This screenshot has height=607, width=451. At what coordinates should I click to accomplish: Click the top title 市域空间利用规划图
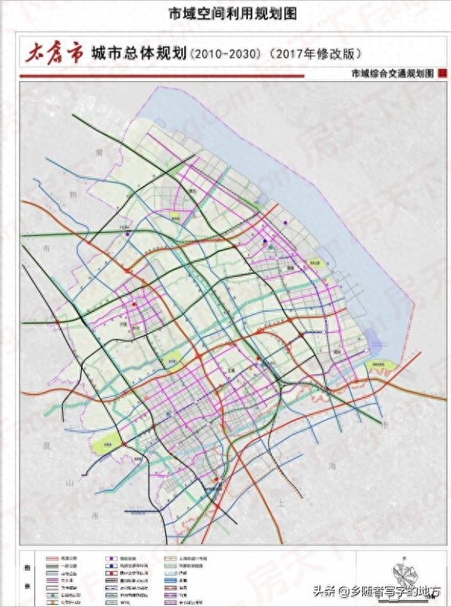click(x=225, y=13)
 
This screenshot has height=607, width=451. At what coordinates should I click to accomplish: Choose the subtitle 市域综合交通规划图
click(x=387, y=74)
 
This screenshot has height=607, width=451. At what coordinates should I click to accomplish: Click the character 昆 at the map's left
click(x=48, y=444)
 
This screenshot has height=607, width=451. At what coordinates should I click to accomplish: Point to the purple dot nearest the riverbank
click(x=285, y=223)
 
